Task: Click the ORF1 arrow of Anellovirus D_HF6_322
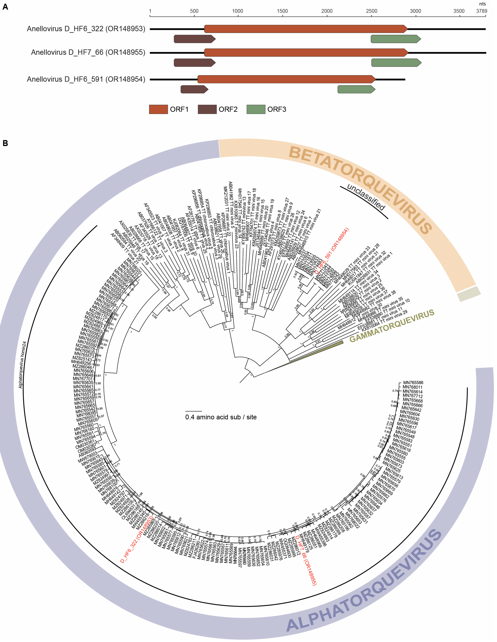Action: tap(306, 29)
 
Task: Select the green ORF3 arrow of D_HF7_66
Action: tap(396, 63)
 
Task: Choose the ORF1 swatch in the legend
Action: tap(158, 109)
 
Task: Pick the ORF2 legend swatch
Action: tap(207, 109)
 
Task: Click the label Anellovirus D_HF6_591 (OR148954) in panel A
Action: tap(86, 79)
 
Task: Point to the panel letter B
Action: tap(5, 143)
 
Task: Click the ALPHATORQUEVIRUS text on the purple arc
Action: tap(365, 584)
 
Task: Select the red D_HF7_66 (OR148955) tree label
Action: tap(306, 560)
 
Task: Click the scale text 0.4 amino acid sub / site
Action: tap(221, 417)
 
